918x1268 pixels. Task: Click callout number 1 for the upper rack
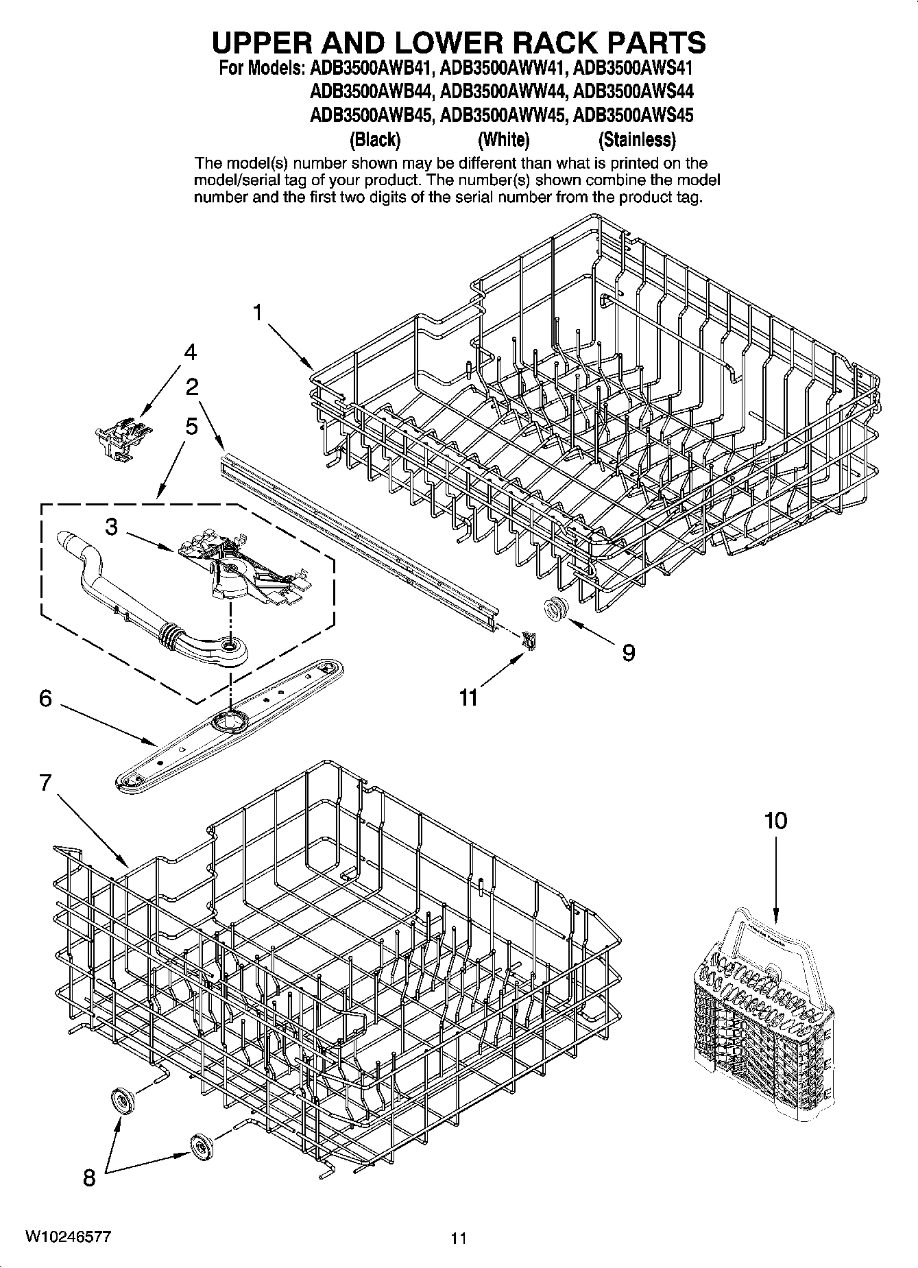pos(257,313)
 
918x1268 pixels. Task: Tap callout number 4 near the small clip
pos(190,352)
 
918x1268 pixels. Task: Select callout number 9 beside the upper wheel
pos(628,651)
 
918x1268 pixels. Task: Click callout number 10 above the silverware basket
pos(776,820)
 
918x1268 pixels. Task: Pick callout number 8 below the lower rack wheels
pos(89,1178)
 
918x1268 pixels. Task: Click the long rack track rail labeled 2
pos(357,535)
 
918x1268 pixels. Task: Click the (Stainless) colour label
pos(637,140)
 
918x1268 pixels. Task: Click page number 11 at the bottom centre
pos(459,1239)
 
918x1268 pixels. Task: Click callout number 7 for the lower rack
pos(45,782)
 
